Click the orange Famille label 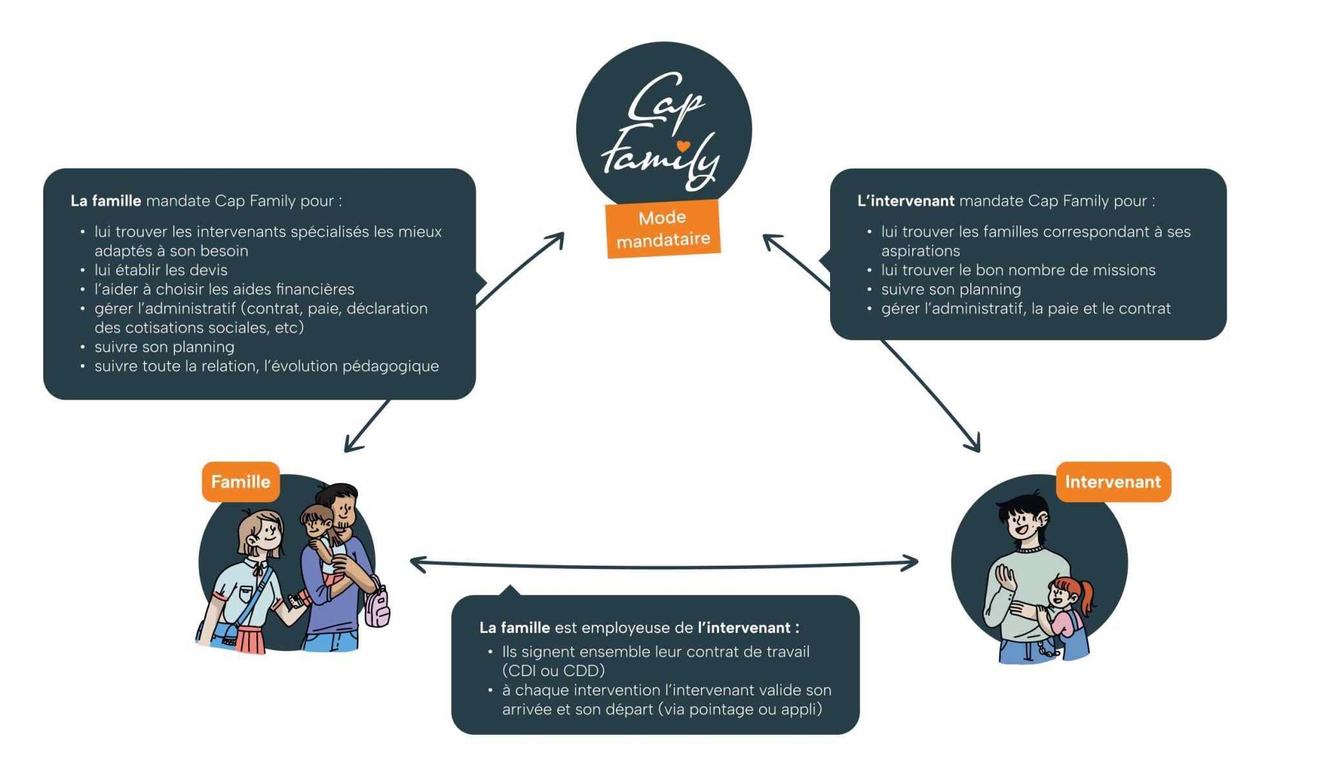pos(240,482)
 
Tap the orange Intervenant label pos(1112,482)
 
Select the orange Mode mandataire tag pos(663,229)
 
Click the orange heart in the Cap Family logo pos(683,146)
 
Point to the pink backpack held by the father pos(377,608)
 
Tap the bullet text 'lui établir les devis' pos(161,270)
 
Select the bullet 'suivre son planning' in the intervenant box pos(951,289)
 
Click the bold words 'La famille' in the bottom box pos(514,628)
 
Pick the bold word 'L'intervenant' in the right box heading pos(905,201)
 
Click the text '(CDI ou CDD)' pos(553,670)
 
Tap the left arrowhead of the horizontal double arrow pos(417,564)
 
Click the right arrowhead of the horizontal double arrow pos(912,563)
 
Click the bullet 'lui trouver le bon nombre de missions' pos(1018,270)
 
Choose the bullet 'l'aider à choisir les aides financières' pos(224,289)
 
